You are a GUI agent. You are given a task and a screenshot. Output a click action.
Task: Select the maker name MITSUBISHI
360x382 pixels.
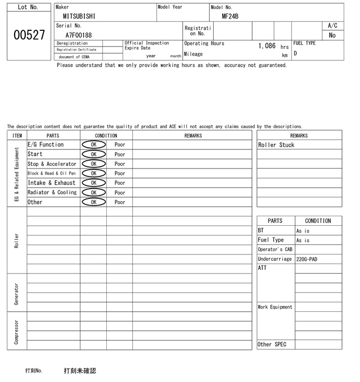[x=79, y=16]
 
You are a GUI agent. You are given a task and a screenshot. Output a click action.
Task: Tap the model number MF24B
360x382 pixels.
[x=230, y=16]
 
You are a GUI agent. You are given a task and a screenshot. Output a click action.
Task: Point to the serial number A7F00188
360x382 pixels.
[x=79, y=35]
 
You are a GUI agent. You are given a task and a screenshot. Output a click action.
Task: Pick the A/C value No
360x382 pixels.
[x=332, y=35]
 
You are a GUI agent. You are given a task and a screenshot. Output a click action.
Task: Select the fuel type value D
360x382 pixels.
[x=295, y=53]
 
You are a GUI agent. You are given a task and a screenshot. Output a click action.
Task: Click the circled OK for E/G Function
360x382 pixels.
[x=93, y=144]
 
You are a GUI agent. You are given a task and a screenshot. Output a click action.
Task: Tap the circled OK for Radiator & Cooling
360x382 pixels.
[x=93, y=192]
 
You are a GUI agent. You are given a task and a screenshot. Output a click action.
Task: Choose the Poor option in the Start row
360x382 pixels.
[x=120, y=154]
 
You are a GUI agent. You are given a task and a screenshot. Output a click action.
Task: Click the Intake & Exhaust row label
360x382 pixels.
[x=52, y=183]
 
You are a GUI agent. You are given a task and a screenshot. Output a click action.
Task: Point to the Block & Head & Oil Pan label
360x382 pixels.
[x=52, y=173]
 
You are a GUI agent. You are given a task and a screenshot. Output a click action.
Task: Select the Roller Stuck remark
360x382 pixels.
[x=276, y=145]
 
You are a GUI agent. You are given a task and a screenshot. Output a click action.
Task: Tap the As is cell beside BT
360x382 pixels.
[x=303, y=231]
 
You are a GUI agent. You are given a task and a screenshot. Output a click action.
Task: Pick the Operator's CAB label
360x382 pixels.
[x=275, y=249]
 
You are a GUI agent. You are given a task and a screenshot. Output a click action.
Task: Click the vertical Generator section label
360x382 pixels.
[x=16, y=294]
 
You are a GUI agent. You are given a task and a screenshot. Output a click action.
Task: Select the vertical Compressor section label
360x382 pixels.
[x=16, y=331]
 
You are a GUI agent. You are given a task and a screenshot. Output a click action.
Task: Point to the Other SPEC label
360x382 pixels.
[x=272, y=344]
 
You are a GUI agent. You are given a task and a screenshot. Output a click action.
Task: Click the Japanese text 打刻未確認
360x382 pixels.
[x=80, y=371]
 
